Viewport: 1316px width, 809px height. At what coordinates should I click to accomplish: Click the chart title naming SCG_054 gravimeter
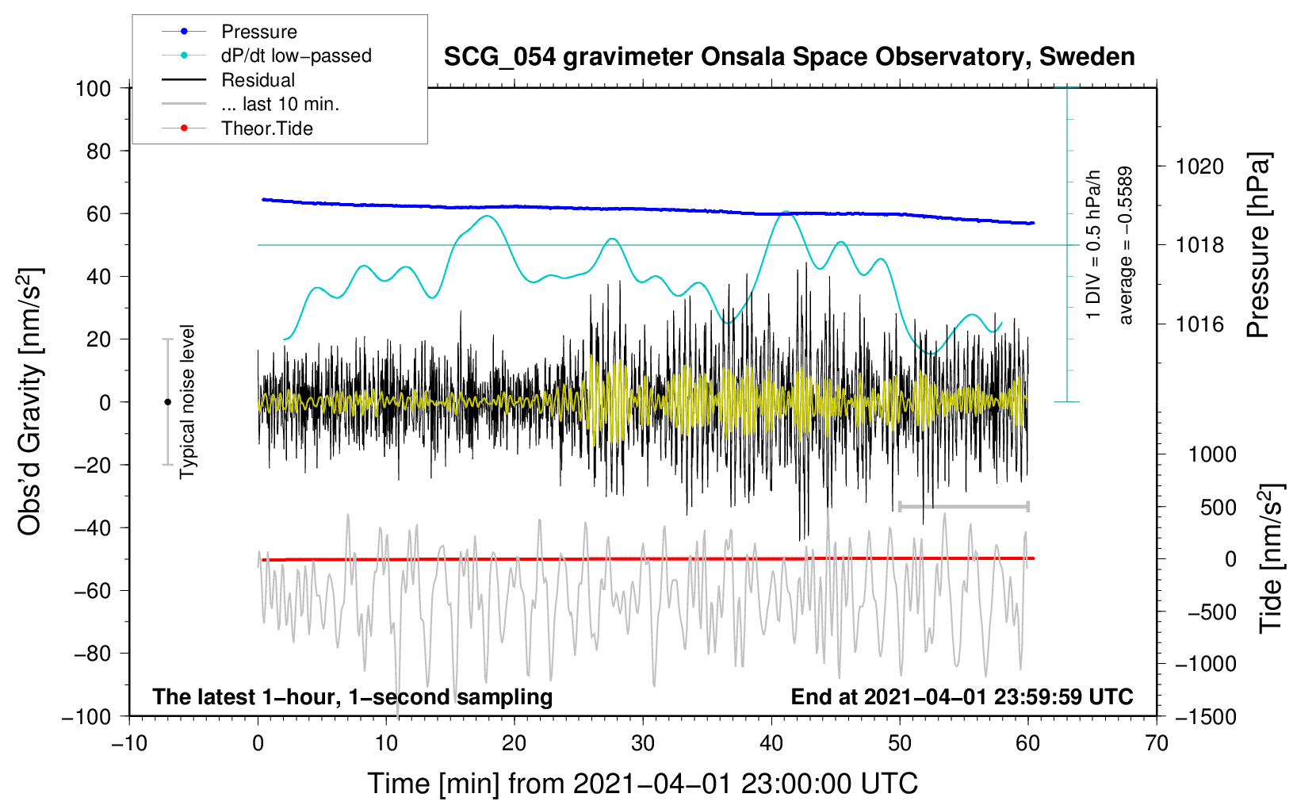pyautogui.click(x=789, y=57)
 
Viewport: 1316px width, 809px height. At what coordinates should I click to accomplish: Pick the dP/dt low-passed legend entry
pyautogui.click(x=296, y=56)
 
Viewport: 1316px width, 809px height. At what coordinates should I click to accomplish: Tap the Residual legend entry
pyautogui.click(x=258, y=80)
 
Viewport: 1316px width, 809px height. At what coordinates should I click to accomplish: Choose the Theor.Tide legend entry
pyautogui.click(x=266, y=128)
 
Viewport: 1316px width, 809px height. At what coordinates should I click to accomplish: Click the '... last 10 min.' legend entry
pyautogui.click(x=280, y=104)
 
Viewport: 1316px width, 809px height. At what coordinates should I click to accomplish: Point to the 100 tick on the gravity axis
pyautogui.click(x=94, y=88)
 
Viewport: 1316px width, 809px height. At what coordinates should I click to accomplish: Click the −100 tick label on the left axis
pyautogui.click(x=87, y=716)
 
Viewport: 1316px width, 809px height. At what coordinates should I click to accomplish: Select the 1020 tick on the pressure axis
pyautogui.click(x=1199, y=167)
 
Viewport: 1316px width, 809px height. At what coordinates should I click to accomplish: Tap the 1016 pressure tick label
pyautogui.click(x=1199, y=324)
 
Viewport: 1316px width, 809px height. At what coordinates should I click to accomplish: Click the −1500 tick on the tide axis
pyautogui.click(x=1205, y=716)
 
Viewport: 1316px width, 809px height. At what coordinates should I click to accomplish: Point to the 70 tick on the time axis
pyautogui.click(x=1157, y=743)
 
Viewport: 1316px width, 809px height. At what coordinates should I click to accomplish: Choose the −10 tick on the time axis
pyautogui.click(x=129, y=743)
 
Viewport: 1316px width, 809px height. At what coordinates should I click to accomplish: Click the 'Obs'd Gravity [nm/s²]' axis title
pyautogui.click(x=30, y=401)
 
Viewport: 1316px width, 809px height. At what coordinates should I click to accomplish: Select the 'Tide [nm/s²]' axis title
pyautogui.click(x=1271, y=558)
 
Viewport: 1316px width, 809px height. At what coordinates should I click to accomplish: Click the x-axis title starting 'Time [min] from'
pyautogui.click(x=642, y=784)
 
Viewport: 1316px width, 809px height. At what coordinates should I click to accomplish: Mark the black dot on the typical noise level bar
pyautogui.click(x=167, y=402)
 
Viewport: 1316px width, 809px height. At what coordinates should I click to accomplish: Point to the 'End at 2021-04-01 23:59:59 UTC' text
pyautogui.click(x=962, y=696)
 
